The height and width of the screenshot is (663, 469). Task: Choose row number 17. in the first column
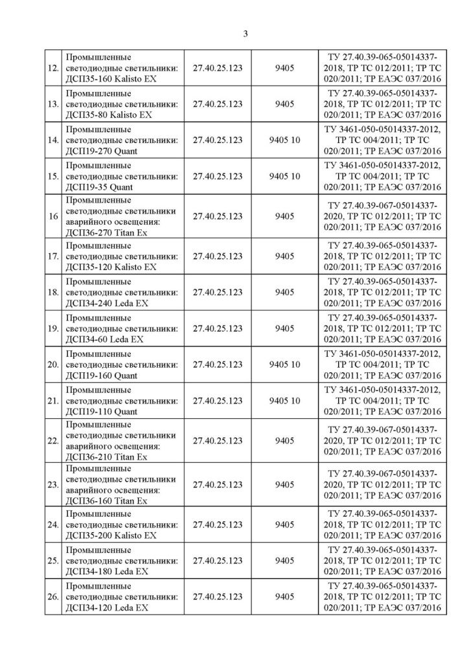54,256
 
